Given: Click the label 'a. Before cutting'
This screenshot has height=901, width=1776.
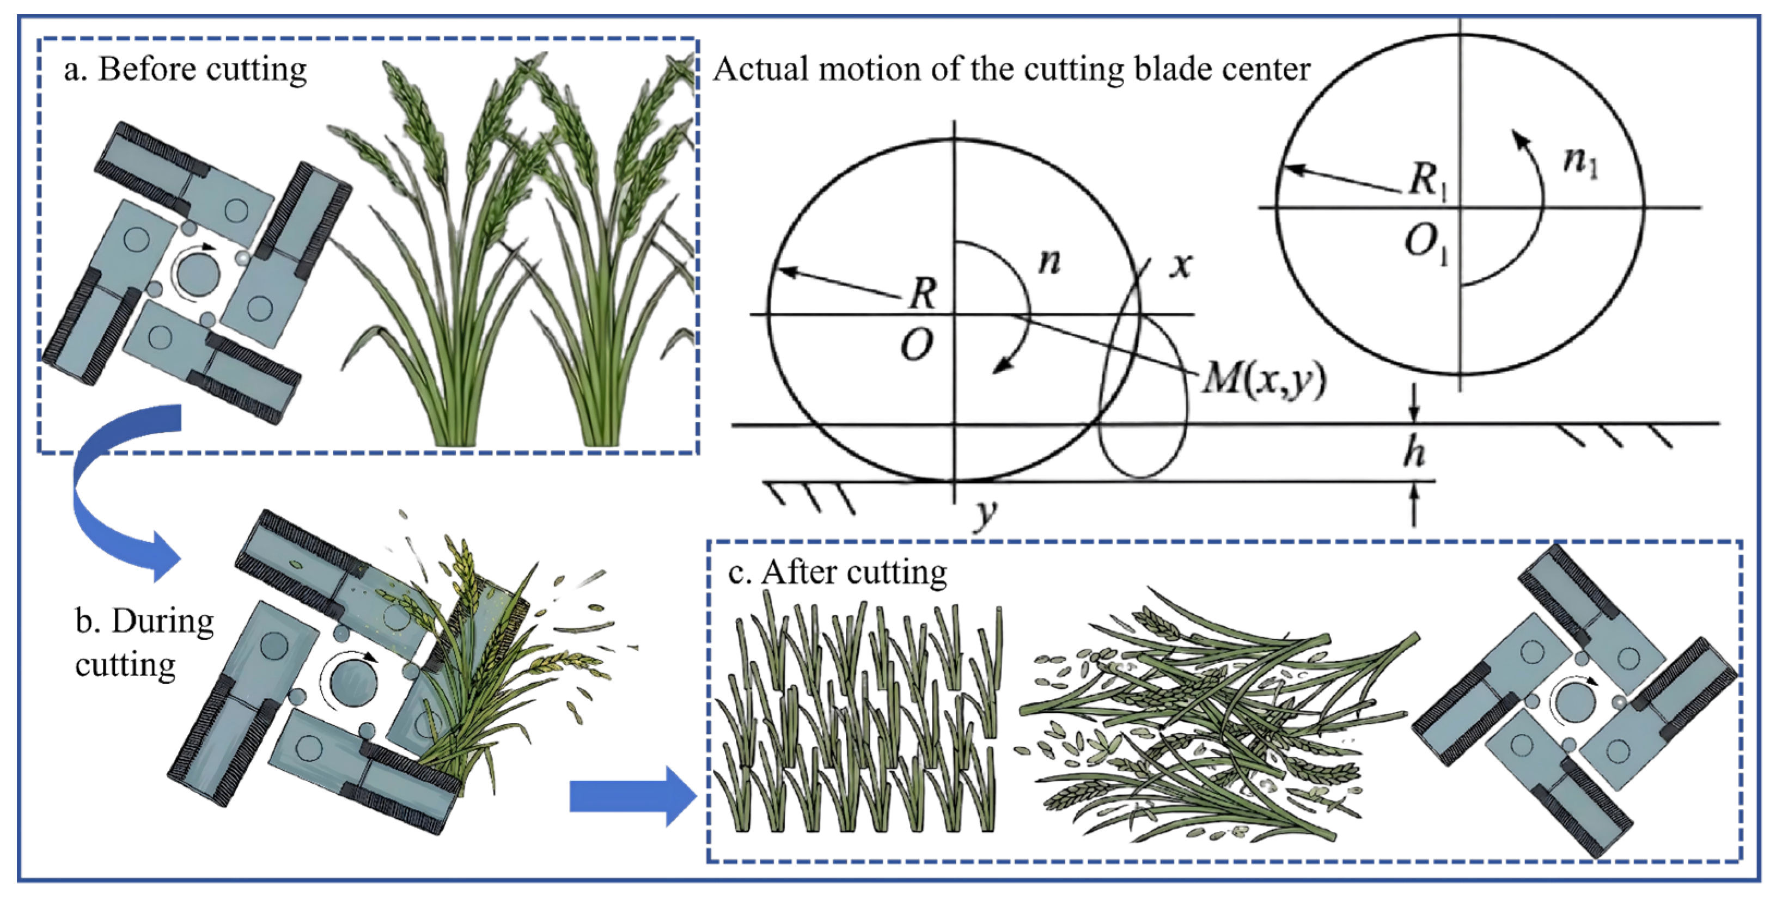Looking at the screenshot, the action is (x=185, y=70).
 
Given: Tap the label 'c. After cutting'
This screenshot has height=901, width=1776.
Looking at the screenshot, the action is (x=838, y=573).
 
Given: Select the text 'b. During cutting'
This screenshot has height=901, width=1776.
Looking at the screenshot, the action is (x=145, y=642).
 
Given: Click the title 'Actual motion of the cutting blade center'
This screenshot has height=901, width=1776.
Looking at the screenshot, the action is (x=1011, y=69).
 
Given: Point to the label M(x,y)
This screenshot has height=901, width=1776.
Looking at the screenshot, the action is (x=1264, y=378).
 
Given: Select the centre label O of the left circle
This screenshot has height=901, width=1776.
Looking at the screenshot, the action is (x=917, y=344).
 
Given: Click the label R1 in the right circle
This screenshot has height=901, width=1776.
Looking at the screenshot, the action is (x=1426, y=181).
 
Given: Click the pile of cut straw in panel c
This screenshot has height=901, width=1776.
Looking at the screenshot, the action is (x=1213, y=717).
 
